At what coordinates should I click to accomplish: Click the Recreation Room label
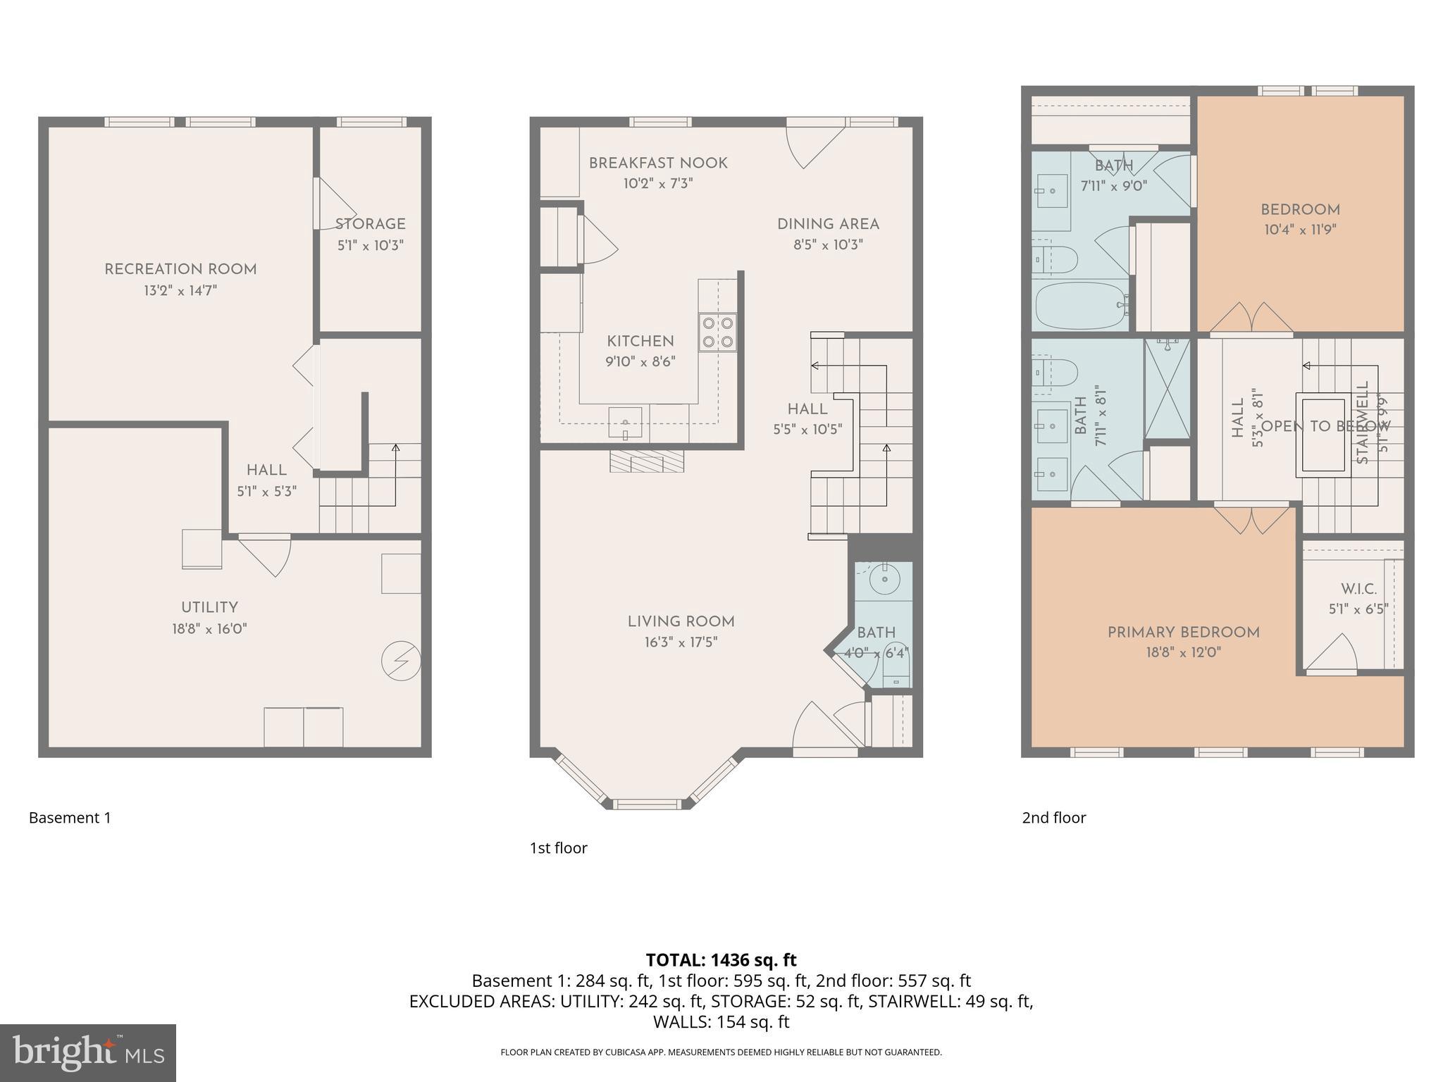(180, 269)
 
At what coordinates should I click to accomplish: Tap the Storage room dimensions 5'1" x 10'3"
(370, 245)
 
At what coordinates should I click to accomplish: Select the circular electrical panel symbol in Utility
(401, 661)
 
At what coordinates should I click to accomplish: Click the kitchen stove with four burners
(717, 332)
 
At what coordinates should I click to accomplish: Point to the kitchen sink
(625, 423)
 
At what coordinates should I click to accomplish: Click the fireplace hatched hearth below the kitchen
(646, 462)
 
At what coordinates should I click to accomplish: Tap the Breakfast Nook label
(658, 163)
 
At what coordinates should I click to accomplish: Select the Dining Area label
(828, 224)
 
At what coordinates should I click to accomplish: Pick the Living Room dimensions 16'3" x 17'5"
(681, 642)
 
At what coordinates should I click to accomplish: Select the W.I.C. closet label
(1358, 589)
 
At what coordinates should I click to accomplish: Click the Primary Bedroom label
(1183, 633)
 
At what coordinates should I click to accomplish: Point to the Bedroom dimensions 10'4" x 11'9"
(1300, 230)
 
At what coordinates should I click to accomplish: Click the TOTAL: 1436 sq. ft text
(721, 959)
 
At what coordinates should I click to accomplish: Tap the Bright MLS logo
(88, 1052)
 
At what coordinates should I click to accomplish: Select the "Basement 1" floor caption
(70, 818)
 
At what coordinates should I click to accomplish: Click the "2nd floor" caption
(1053, 818)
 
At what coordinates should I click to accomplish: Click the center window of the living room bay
(647, 804)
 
